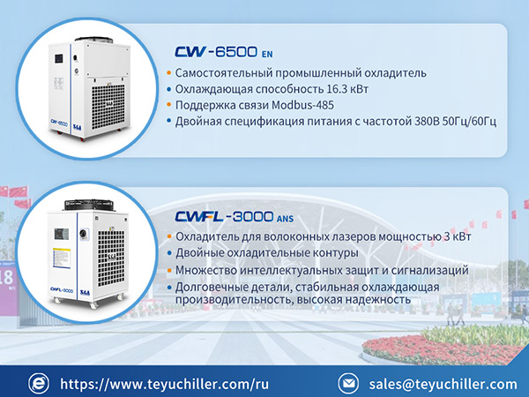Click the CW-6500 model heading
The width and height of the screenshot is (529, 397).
click(216, 52)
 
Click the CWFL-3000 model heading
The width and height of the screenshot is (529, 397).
click(224, 216)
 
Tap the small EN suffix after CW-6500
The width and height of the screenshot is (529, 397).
click(267, 55)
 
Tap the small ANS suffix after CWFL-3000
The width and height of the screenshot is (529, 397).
click(285, 219)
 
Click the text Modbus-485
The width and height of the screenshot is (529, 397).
click(302, 105)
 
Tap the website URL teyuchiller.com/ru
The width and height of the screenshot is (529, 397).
click(164, 384)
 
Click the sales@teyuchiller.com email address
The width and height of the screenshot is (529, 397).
click(443, 384)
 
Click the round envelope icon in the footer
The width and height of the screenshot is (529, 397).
click(348, 384)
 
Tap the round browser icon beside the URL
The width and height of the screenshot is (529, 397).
click(39, 384)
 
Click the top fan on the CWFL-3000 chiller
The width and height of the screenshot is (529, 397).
click(89, 205)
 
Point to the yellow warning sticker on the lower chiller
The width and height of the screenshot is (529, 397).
click(62, 258)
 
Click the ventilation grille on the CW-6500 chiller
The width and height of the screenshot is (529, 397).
click(108, 107)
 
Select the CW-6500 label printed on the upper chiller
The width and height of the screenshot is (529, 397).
click(59, 123)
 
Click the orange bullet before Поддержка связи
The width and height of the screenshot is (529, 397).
click(169, 105)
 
